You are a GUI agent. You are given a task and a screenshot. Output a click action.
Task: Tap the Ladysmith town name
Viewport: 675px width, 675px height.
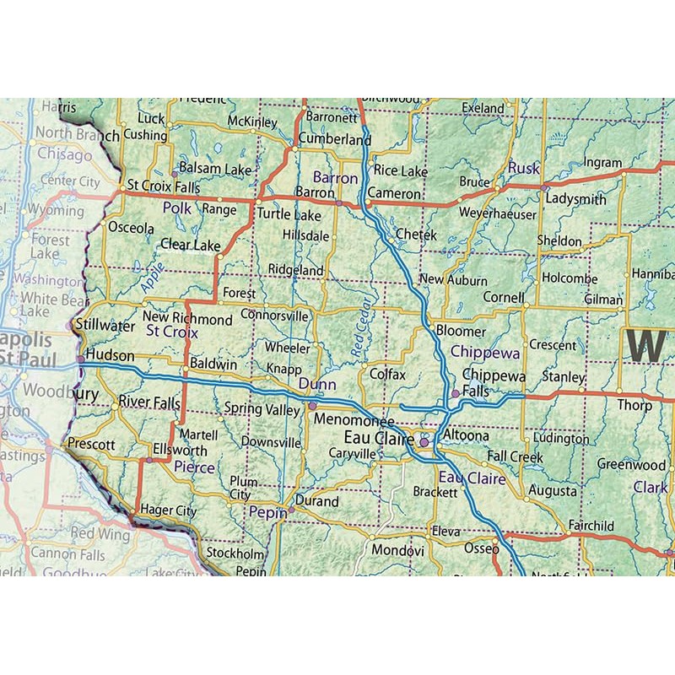pos(576,199)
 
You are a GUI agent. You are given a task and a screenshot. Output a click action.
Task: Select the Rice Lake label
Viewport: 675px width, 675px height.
pos(401,171)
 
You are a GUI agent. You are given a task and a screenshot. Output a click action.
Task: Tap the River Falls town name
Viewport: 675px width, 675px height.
pos(149,402)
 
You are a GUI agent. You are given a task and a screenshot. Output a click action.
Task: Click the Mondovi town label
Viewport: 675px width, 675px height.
pos(398,550)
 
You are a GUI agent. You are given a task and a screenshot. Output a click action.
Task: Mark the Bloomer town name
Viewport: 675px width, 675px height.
pos(461,332)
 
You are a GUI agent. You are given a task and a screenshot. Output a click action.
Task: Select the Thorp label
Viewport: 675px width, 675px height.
pos(634,405)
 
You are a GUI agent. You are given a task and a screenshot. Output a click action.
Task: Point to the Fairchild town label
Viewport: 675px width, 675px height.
pos(591,526)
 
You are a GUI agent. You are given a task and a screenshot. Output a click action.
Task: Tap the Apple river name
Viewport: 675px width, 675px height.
pos(153,278)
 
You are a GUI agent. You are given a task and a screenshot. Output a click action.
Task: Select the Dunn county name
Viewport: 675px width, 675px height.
pos(317,385)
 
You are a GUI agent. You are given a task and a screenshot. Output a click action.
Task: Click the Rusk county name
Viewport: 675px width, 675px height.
pos(523,169)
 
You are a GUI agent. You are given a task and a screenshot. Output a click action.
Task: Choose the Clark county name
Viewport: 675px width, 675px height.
pos(651,488)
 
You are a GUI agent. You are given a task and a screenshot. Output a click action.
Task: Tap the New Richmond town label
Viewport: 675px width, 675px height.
pos(192,320)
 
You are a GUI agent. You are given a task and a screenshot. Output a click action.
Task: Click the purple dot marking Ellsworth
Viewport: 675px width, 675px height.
pos(150,460)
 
